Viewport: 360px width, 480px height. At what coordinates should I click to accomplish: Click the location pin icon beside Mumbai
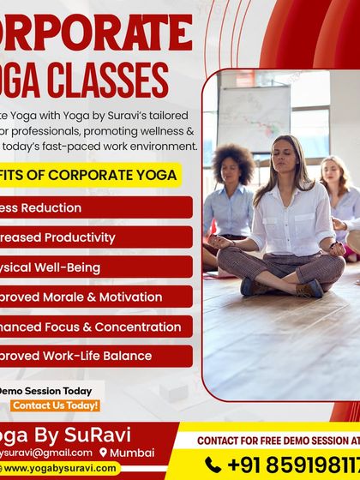pyautogui.click(x=104, y=453)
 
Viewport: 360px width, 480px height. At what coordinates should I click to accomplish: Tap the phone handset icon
pyautogui.click(x=213, y=465)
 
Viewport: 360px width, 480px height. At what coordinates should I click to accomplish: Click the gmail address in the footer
pyautogui.click(x=43, y=453)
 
